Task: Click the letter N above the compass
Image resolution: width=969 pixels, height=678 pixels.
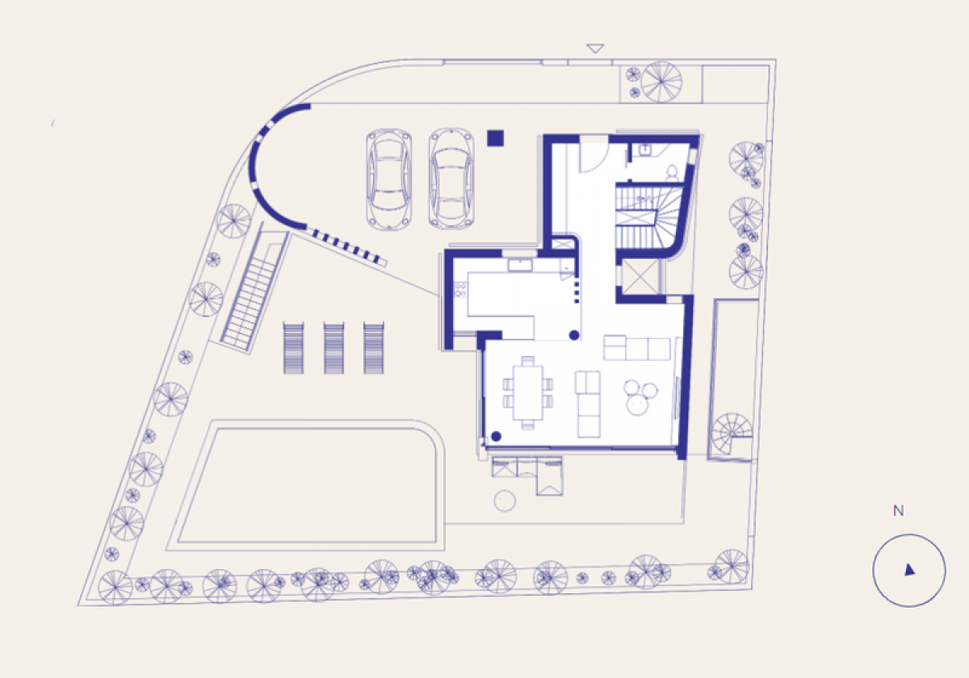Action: [x=899, y=511]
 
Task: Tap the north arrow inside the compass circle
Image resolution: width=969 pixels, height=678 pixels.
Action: [x=910, y=570]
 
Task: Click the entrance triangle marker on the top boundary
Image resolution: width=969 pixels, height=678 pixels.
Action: [x=595, y=48]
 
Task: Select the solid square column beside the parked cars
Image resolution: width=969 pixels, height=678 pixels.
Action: [x=495, y=138]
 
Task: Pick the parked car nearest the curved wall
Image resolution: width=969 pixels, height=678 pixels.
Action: [x=388, y=178]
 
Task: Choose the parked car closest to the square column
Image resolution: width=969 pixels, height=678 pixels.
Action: [x=451, y=178]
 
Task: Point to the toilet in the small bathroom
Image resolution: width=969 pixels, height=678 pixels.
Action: [x=672, y=173]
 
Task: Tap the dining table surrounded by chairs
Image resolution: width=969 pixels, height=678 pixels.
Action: [x=528, y=392]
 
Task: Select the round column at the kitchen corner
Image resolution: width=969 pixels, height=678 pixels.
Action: [x=574, y=335]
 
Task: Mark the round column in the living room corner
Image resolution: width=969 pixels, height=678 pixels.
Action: [x=496, y=437]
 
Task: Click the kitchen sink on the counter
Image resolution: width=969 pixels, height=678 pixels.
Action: [x=520, y=265]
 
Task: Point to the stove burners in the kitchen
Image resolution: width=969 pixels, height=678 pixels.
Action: [x=460, y=289]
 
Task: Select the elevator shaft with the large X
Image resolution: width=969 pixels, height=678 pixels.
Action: [x=640, y=277]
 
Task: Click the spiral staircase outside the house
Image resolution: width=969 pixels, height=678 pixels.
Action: [x=732, y=433]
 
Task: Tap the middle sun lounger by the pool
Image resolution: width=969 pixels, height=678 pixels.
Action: [x=334, y=348]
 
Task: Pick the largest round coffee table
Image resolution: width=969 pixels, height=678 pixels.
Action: [x=637, y=405]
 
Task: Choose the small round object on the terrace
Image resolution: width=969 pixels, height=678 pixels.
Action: [x=505, y=501]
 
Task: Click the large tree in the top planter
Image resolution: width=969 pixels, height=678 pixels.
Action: [x=661, y=82]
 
